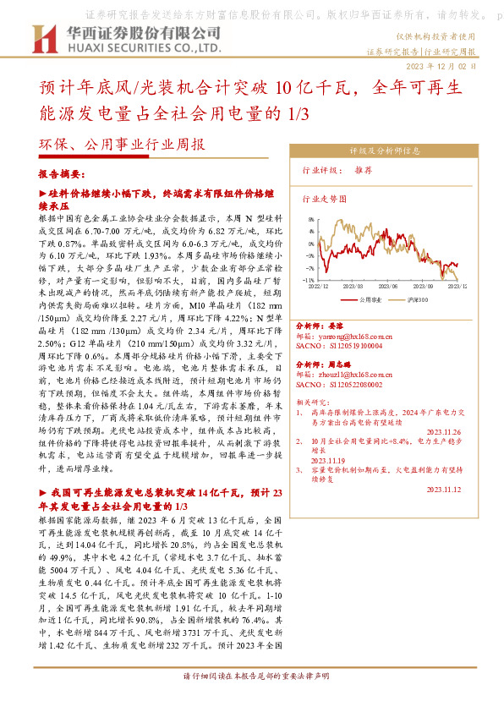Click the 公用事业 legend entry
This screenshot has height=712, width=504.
coord(370,298)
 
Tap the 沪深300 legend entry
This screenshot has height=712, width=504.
coord(418,298)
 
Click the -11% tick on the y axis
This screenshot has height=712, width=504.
coord(309,279)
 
